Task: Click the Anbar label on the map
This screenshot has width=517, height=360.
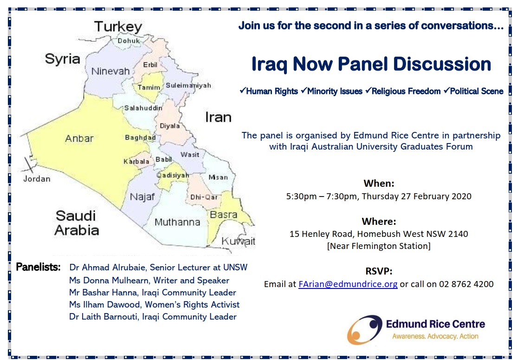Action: coord(79,138)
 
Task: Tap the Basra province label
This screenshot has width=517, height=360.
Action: coord(224,215)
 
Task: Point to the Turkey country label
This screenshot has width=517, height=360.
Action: coord(118,27)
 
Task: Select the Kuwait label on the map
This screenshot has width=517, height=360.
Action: coord(239,241)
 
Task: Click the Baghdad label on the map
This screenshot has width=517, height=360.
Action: coord(140,137)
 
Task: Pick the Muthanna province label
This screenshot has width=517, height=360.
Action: coord(177,222)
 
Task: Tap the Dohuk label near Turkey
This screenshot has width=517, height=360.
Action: coord(129,40)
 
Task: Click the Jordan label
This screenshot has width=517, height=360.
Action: coord(37,179)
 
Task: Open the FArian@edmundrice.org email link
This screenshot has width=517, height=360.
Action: coord(348,284)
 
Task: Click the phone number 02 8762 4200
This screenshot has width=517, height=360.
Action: coord(466,284)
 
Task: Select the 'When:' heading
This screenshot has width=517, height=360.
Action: coord(379,183)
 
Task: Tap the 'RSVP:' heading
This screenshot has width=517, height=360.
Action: coord(379,271)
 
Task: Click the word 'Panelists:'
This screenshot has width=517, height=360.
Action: coord(38,267)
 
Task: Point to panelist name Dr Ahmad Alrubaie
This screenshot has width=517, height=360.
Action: coord(108,267)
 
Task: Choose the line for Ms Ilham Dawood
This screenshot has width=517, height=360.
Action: coord(154,305)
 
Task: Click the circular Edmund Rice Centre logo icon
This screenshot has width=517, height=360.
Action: coord(365,330)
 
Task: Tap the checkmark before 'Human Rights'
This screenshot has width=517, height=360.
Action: coord(243,91)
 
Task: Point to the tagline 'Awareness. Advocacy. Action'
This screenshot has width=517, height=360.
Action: coord(435,336)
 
